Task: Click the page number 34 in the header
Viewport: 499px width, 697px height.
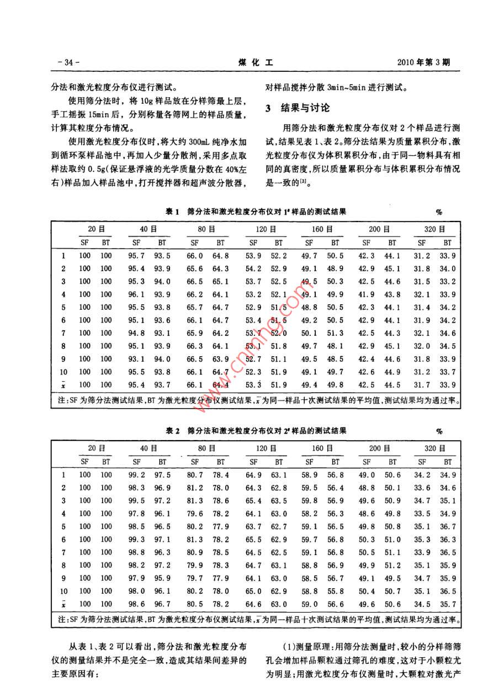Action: [68, 62]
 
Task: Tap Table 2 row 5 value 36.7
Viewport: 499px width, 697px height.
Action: [448, 527]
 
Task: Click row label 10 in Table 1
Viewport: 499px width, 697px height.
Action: [63, 372]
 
